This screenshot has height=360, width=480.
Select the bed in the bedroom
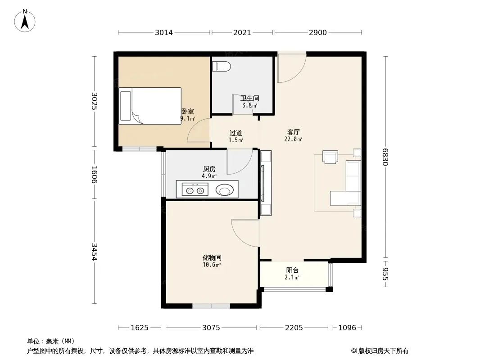coord(150,106)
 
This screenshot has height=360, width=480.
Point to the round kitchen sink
coord(225,190)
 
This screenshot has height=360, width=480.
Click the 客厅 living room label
coord(293,132)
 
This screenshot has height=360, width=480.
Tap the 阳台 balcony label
coord(292,270)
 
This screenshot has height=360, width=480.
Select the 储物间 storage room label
coord(212,257)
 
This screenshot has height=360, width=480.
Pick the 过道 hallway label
coord(235,133)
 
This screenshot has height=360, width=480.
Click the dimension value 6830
coord(385,157)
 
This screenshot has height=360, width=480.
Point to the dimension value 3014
coord(164,32)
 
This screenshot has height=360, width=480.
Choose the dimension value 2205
coord(294,328)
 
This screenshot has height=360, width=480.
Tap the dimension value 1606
coord(94,175)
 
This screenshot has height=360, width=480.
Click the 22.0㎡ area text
coord(293,139)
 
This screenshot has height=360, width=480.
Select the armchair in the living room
coord(330,157)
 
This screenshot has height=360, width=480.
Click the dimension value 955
coord(385,274)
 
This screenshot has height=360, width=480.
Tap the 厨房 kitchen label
coord(209,169)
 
